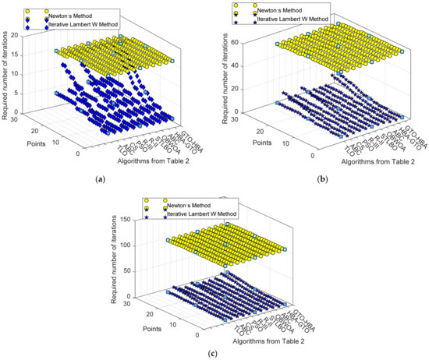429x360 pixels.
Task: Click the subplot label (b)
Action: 322,178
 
